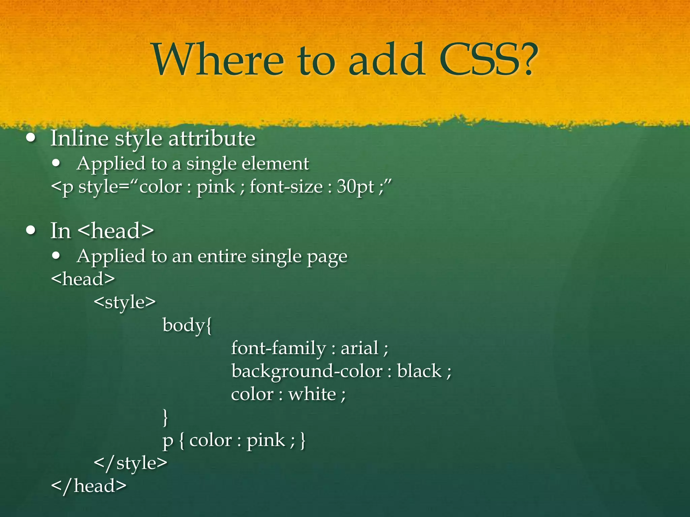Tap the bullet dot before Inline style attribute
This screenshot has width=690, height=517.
(x=31, y=138)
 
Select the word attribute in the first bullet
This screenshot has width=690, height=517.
(x=212, y=138)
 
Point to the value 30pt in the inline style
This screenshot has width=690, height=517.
(x=355, y=187)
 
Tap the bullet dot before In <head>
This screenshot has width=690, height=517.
(x=31, y=231)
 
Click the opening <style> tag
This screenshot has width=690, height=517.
(x=125, y=302)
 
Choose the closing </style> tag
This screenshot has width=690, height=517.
(x=130, y=463)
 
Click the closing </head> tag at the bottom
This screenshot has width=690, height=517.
(x=89, y=486)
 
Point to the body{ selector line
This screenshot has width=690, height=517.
(x=187, y=325)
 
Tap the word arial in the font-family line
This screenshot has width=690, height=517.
(x=359, y=348)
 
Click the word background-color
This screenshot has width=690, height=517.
(x=307, y=372)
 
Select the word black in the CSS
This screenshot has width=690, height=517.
(x=419, y=371)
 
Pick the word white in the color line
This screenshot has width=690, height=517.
(x=312, y=394)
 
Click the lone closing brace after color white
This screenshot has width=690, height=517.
(x=165, y=417)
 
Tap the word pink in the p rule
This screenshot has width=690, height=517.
(x=266, y=440)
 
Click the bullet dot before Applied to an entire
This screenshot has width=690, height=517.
(x=56, y=256)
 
